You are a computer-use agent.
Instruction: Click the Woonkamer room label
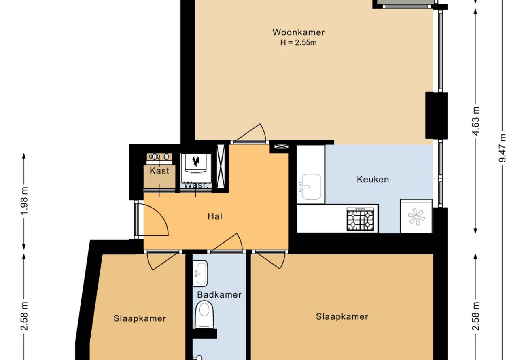pos(299,32)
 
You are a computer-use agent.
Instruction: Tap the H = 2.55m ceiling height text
pos(298,43)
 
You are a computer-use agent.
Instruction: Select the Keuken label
pos(373,180)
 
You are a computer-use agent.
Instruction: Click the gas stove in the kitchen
pos(361,219)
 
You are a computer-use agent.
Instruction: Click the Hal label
pos(215,216)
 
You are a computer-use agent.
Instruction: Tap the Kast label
pos(159,171)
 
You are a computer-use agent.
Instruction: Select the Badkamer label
pos(219,295)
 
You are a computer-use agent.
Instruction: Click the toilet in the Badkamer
pos(204,315)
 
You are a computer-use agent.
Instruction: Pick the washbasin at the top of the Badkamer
pos(200,273)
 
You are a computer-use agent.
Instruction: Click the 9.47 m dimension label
pos(503,148)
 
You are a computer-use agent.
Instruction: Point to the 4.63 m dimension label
pos(476,121)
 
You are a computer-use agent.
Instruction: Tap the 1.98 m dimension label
pos(24,201)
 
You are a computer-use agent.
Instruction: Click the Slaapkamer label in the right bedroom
pos(342,316)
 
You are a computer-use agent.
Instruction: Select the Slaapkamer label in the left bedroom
pos(140,318)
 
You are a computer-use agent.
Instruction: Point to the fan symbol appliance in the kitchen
pos(416,216)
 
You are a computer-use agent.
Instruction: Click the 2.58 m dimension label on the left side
pos(24,316)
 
